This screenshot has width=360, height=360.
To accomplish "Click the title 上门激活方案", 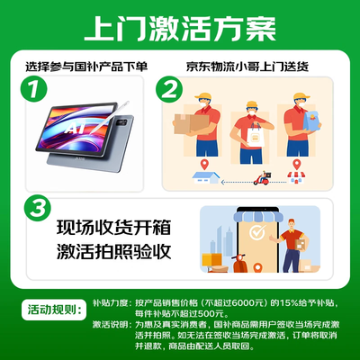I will (179, 26).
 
